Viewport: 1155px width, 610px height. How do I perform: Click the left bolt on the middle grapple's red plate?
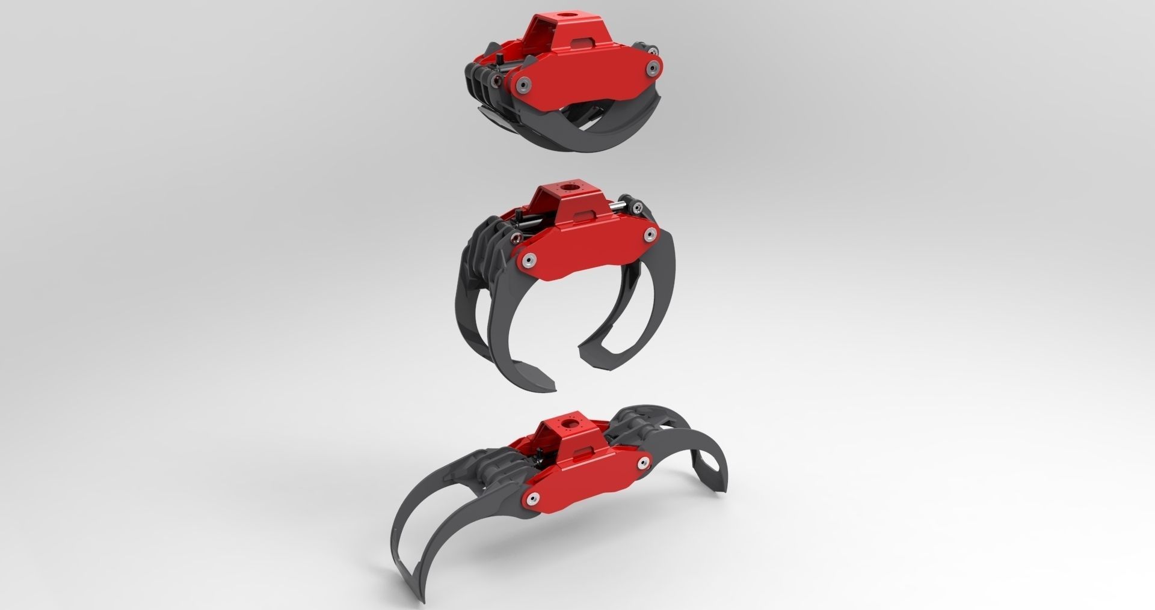coord(529,260)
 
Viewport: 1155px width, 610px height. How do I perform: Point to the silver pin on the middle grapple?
coord(617,207)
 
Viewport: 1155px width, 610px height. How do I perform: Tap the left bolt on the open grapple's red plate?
coord(533,498)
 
